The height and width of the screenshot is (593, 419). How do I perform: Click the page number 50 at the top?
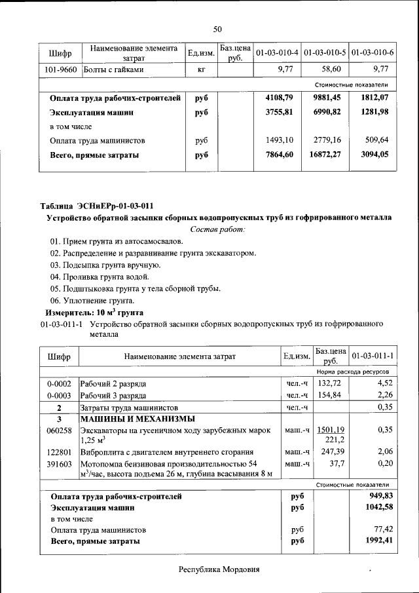coord(217,28)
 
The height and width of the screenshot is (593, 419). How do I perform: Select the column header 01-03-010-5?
coord(325,52)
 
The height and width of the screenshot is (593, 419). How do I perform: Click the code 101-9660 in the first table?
coord(60,69)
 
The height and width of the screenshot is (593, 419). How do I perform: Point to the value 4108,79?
coord(279,98)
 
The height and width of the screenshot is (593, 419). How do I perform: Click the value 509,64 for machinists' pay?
coord(375,140)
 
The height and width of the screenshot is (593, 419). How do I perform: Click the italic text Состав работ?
coord(217,229)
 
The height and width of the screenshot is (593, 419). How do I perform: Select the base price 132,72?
coord(331,383)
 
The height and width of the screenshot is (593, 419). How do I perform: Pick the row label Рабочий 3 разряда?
coord(113,395)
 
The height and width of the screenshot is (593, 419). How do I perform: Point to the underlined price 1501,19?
coord(331,430)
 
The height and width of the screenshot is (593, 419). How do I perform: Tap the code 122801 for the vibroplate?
coord(59,453)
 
